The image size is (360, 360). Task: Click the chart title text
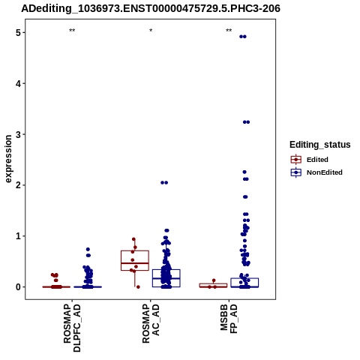click(151, 9)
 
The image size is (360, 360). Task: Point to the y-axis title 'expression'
click(8, 159)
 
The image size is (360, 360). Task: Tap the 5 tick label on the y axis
click(18, 33)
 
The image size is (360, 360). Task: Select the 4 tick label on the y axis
click(18, 83)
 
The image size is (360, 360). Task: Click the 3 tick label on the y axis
click(18, 134)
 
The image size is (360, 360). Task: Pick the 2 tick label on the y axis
click(18, 185)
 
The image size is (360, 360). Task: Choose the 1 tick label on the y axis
click(18, 236)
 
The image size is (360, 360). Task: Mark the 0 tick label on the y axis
click(18, 286)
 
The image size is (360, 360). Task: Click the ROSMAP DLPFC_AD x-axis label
click(72, 328)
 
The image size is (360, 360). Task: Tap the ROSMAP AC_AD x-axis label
click(151, 323)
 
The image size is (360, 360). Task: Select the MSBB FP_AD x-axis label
click(229, 319)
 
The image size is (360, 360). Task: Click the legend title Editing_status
click(320, 145)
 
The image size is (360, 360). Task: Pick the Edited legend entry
click(310, 160)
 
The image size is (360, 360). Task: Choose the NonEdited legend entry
click(316, 172)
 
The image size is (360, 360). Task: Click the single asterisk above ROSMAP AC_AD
click(151, 31)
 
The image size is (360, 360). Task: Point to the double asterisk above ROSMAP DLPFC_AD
click(72, 31)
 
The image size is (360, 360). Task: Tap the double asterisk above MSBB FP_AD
click(229, 31)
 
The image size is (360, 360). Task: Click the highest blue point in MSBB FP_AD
click(243, 37)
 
